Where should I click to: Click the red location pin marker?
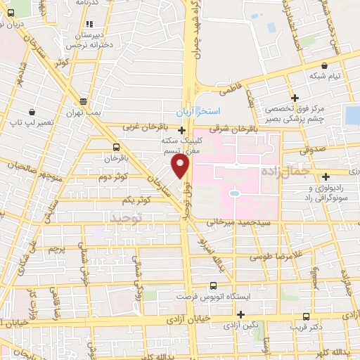pyautogui.click(x=181, y=166)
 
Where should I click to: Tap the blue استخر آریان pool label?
pyautogui.click(x=198, y=112)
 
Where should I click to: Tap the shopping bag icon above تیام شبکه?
pyautogui.click(x=323, y=63)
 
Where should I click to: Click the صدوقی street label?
pyautogui.click(x=312, y=149)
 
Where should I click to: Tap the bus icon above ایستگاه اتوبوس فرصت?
pyautogui.click(x=214, y=285)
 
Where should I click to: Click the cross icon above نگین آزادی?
pyautogui.click(x=241, y=314)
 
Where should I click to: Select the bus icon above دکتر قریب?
pyautogui.click(x=306, y=316)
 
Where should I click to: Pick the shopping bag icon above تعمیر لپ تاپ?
pyautogui.click(x=33, y=112)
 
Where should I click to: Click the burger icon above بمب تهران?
pyautogui.click(x=84, y=101)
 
